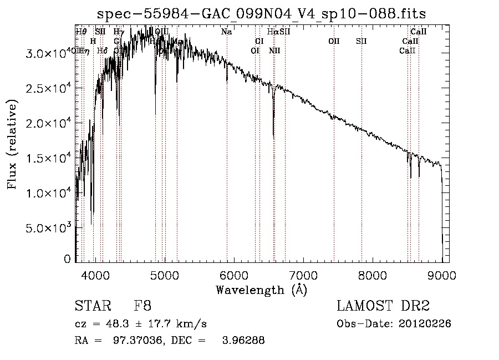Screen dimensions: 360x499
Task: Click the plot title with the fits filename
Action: (262, 13)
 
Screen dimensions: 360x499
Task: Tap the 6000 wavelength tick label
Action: (234, 275)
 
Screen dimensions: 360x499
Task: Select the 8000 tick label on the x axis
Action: (373, 275)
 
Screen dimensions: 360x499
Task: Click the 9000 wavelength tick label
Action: (442, 275)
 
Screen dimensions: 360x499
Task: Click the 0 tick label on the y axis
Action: (67, 259)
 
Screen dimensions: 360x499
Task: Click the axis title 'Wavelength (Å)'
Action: (261, 290)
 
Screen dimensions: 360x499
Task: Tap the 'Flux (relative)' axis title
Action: (12, 144)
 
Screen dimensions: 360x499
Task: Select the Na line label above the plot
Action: (226, 32)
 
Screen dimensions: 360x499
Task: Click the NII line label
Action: (274, 50)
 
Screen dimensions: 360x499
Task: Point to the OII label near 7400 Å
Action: (334, 41)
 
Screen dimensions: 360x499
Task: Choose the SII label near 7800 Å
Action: (361, 41)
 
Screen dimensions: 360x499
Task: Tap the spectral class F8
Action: (142, 306)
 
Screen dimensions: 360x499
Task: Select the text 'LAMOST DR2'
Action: (383, 306)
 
